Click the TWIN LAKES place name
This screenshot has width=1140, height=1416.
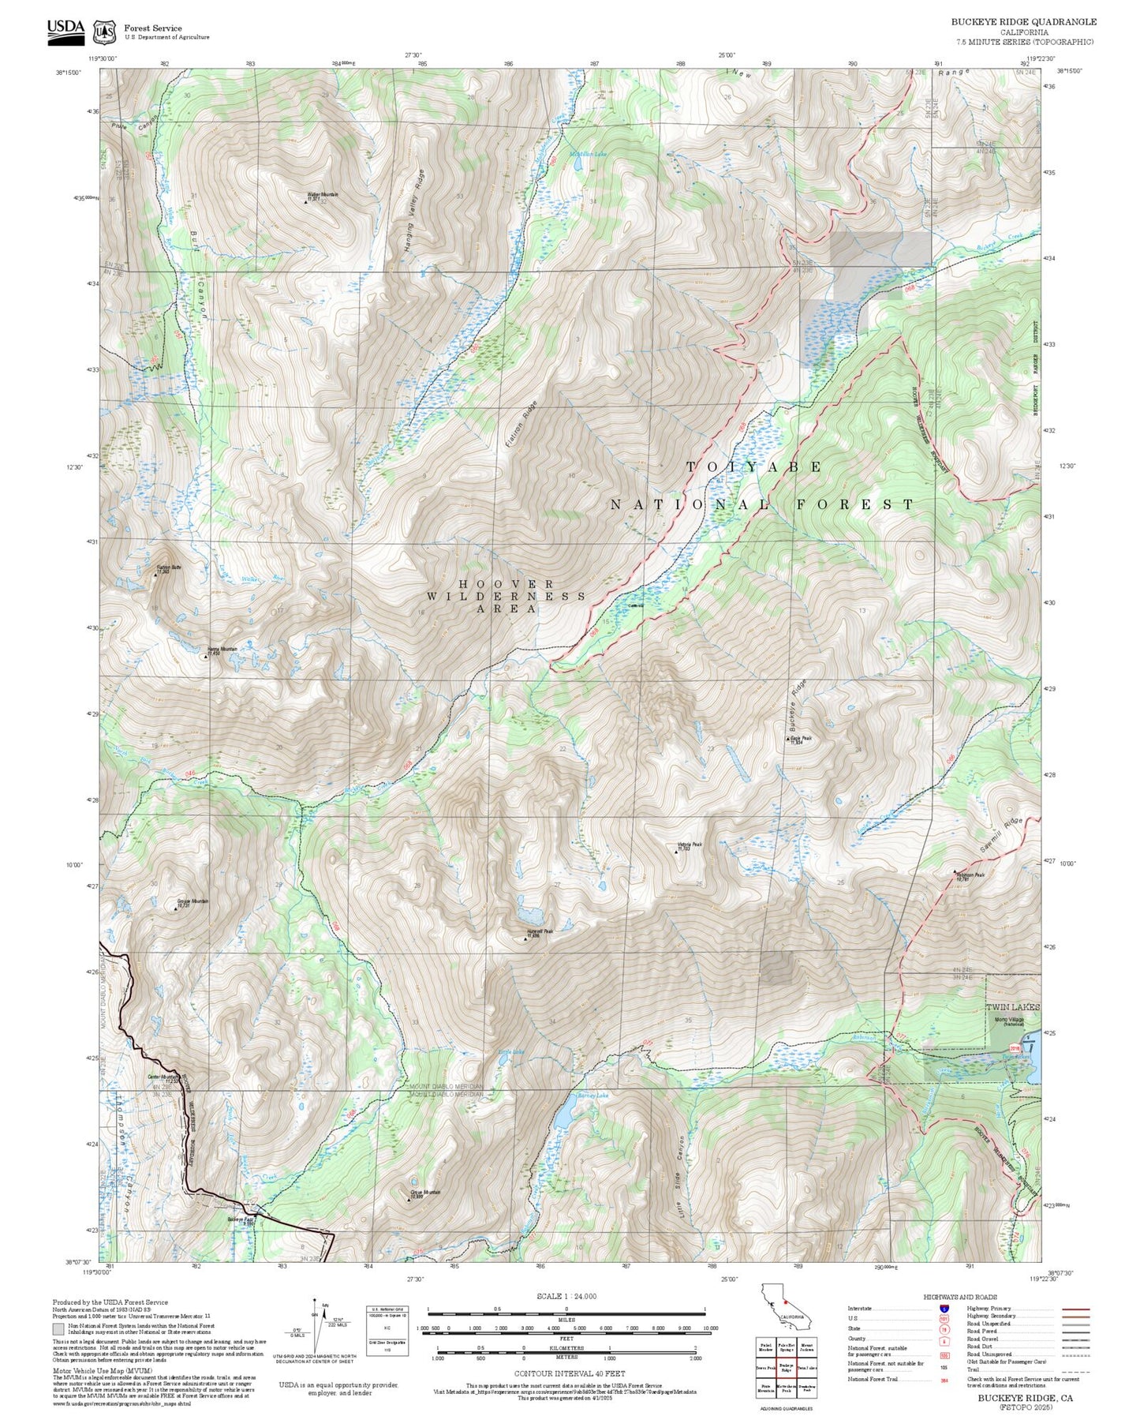1013,1007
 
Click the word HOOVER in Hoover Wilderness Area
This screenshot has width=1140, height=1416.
506,583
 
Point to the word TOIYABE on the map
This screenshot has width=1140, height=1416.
753,467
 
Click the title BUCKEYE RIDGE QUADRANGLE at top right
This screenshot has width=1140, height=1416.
1023,21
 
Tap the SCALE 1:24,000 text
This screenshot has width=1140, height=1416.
566,1296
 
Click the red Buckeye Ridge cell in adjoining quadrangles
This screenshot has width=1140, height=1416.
786,1368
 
